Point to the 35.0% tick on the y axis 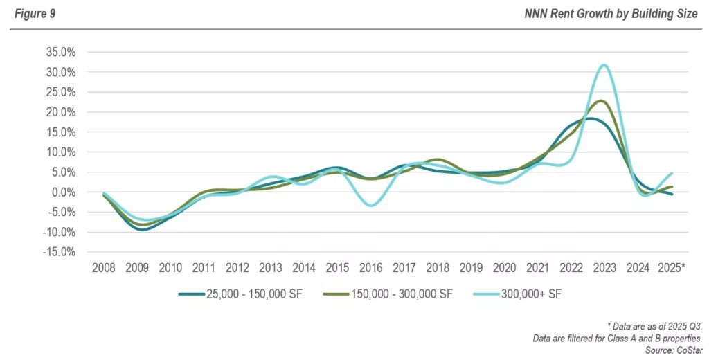click(60, 52)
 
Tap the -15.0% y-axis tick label click(59, 252)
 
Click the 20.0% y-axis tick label click(60, 112)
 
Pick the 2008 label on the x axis click(104, 268)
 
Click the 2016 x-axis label click(371, 268)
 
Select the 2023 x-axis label click(604, 268)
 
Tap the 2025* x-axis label click(672, 268)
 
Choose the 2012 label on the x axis click(237, 268)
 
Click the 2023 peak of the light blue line click(604, 65)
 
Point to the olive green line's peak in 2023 click(602, 101)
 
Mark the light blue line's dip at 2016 click(372, 205)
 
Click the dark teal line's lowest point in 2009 click(142, 228)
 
